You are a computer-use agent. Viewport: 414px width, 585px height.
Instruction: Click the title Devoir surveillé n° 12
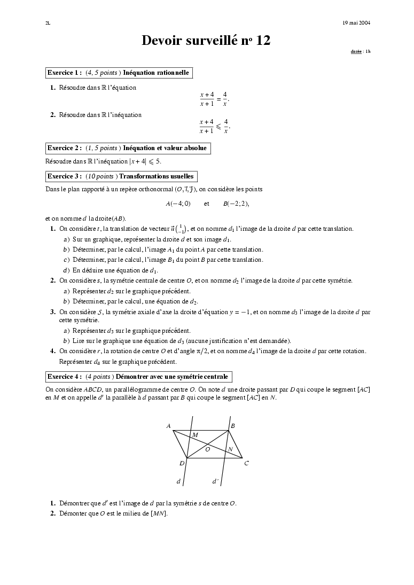coord(206,41)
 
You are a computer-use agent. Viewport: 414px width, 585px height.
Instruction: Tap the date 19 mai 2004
coord(356,23)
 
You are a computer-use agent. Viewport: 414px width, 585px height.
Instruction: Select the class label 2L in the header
coord(48,23)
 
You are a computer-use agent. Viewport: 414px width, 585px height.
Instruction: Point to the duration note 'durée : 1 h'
coord(360,52)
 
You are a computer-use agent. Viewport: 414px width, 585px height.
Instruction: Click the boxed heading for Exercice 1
coord(118,73)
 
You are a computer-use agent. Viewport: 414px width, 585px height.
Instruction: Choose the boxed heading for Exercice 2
coord(127,148)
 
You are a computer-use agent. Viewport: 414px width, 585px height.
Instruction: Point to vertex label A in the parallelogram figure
coord(168,426)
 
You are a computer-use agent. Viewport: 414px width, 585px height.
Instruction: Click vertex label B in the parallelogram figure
coord(233,426)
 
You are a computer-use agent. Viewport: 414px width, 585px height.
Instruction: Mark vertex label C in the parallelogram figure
coord(246,463)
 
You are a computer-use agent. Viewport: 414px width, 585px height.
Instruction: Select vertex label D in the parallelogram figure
coord(182,463)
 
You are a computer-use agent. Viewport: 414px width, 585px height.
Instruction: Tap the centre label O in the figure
coord(207,450)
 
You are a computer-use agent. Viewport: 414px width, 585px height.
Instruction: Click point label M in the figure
coord(195,435)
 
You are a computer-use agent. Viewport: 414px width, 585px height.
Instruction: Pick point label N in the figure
coord(230,449)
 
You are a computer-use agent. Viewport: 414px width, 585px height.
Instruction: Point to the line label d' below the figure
coord(215,481)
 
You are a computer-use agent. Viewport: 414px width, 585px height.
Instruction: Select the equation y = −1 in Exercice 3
coord(240,311)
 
